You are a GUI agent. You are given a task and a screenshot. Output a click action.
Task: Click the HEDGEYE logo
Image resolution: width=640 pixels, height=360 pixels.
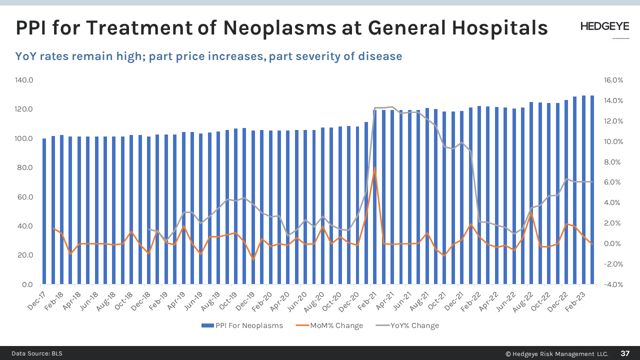tap(604, 27)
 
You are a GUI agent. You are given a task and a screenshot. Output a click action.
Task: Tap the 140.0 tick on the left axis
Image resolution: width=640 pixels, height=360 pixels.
tap(24, 80)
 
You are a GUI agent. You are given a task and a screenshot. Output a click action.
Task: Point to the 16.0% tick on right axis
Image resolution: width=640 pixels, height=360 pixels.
tap(613, 80)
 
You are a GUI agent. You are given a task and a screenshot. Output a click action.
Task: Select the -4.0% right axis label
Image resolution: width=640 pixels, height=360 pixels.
tap(613, 284)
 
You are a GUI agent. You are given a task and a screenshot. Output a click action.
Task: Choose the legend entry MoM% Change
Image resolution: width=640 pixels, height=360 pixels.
tap(336, 325)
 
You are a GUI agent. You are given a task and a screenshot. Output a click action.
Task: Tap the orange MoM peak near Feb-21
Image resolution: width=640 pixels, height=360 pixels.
tap(375, 168)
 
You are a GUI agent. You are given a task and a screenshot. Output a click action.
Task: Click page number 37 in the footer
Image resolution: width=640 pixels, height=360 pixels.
tap(625, 353)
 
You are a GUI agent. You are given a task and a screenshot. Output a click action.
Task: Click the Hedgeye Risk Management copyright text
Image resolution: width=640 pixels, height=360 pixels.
tap(556, 354)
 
